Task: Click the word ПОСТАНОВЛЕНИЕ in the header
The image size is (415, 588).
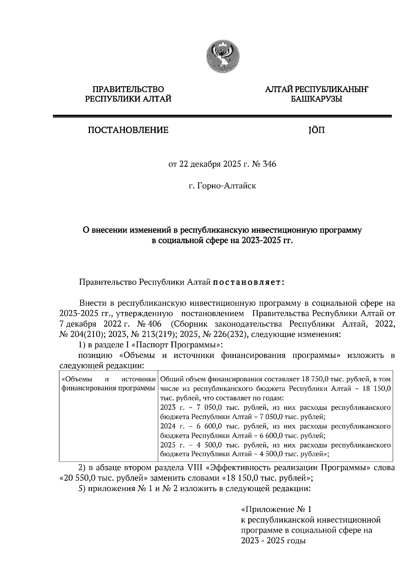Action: (x=128, y=130)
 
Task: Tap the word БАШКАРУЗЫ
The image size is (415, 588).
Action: (x=316, y=99)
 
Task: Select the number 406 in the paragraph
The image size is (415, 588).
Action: (x=153, y=324)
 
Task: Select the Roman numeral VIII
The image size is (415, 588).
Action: (x=195, y=468)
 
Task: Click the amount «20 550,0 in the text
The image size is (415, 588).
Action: (x=75, y=479)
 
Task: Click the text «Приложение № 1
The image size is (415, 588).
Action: (x=276, y=509)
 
